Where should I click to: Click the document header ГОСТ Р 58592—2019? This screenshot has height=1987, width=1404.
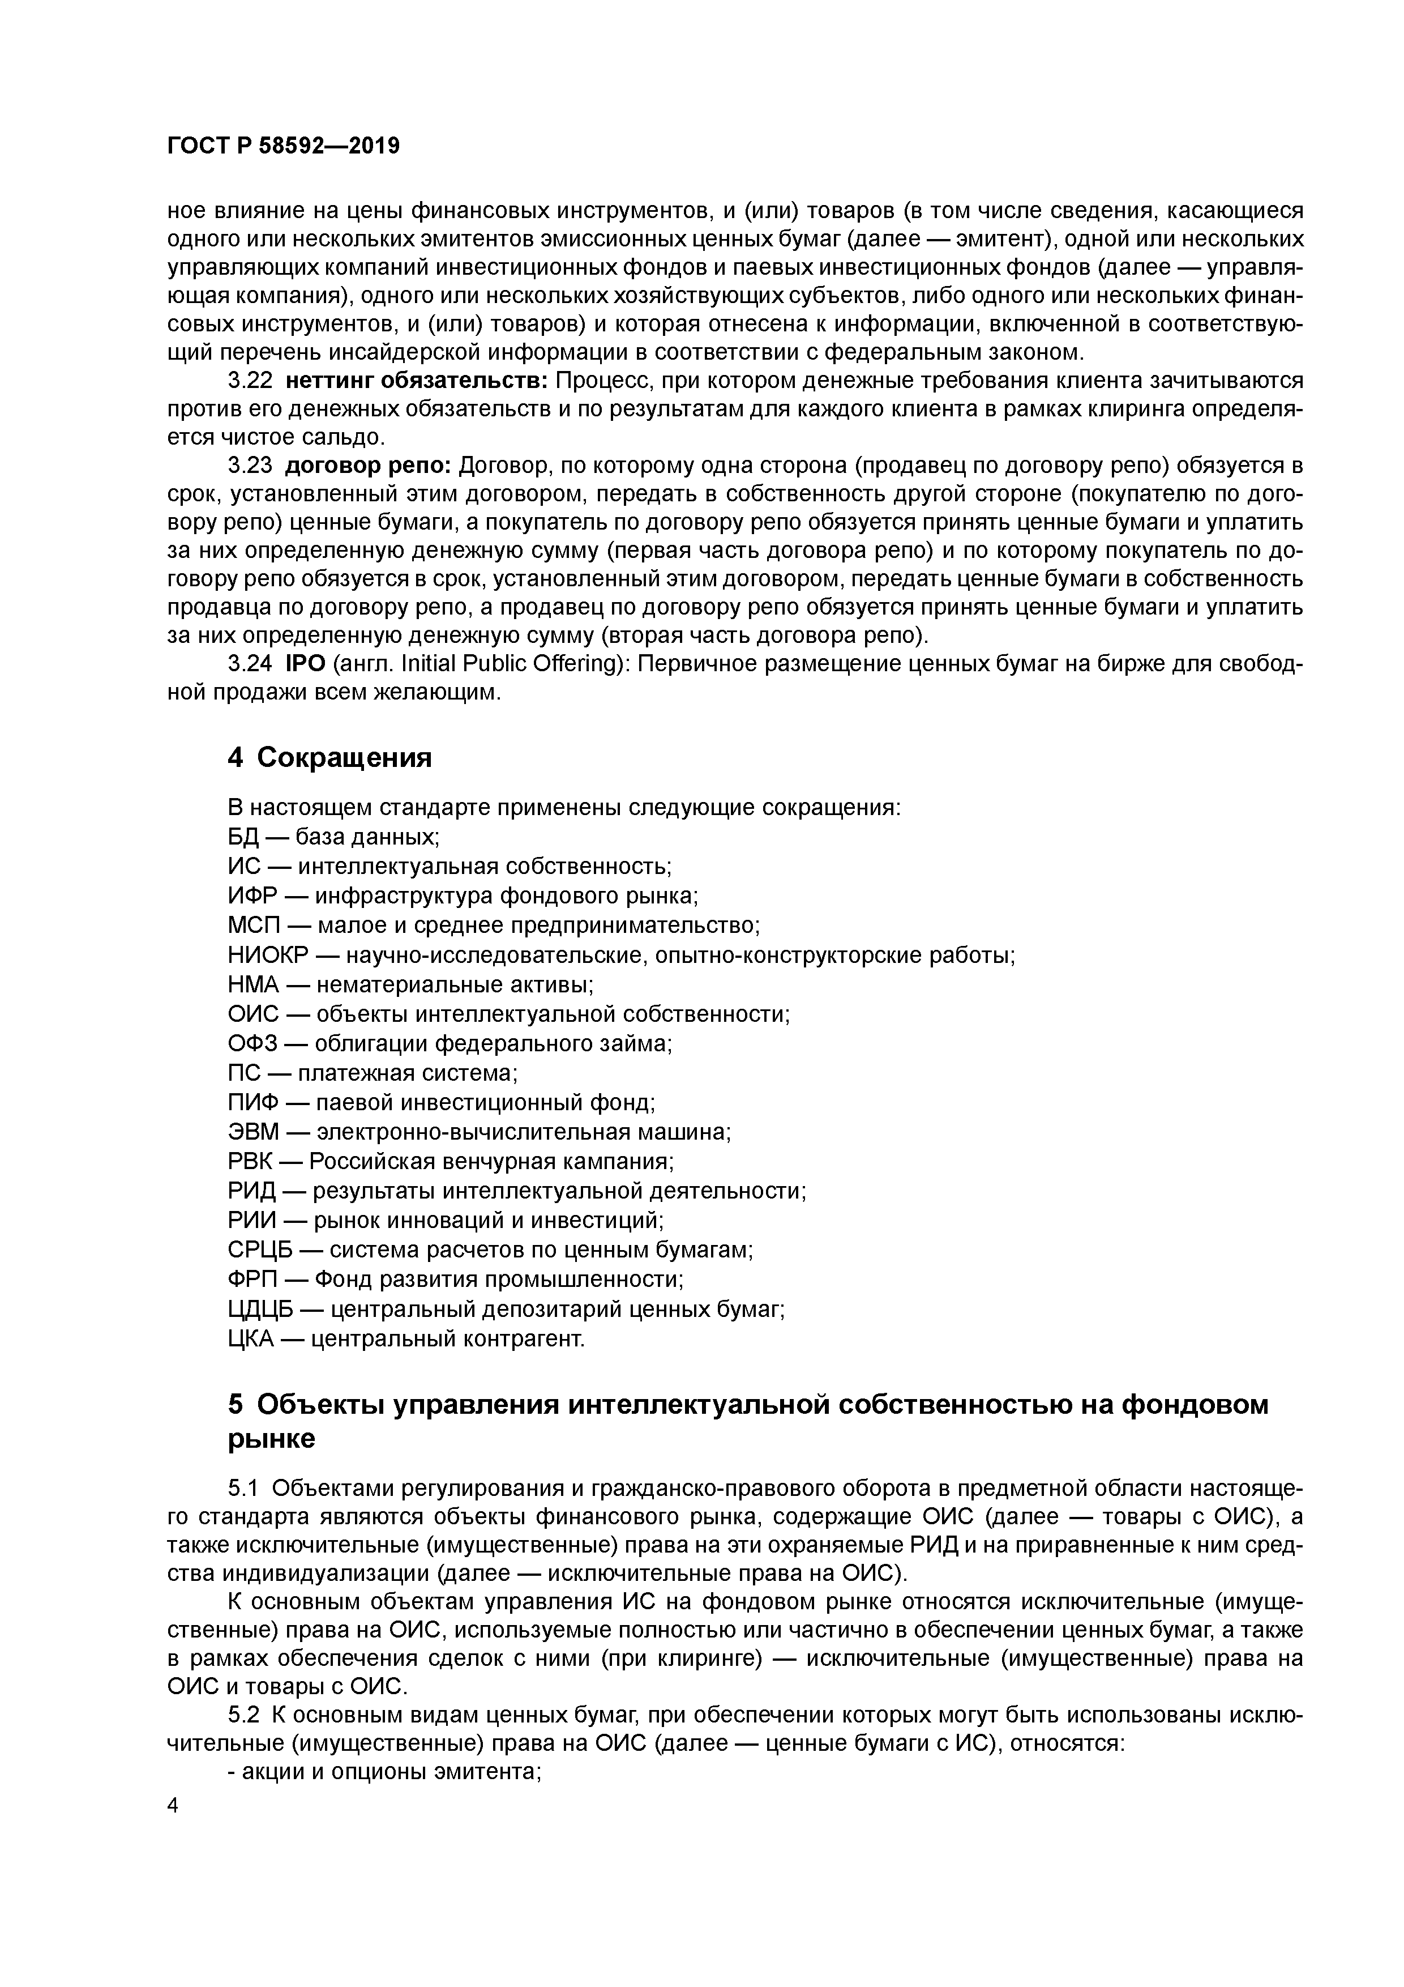[x=283, y=146]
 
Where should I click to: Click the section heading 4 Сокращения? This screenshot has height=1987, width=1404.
[x=329, y=757]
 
